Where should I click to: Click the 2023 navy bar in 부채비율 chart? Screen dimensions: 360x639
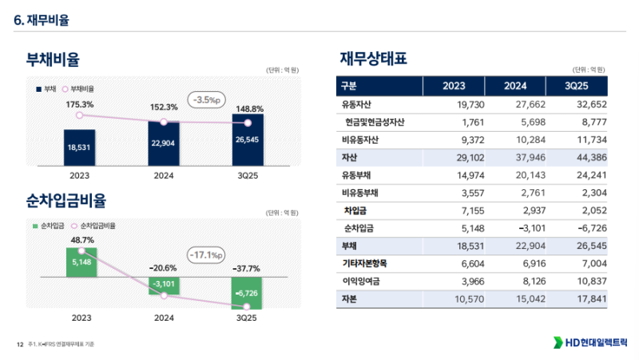(x=79, y=147)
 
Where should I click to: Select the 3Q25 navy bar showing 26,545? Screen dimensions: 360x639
(x=248, y=140)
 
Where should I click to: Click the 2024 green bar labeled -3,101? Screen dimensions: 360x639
(x=164, y=283)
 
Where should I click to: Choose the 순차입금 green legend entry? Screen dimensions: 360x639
(x=50, y=226)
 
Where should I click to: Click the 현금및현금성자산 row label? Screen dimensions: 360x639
(x=375, y=122)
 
